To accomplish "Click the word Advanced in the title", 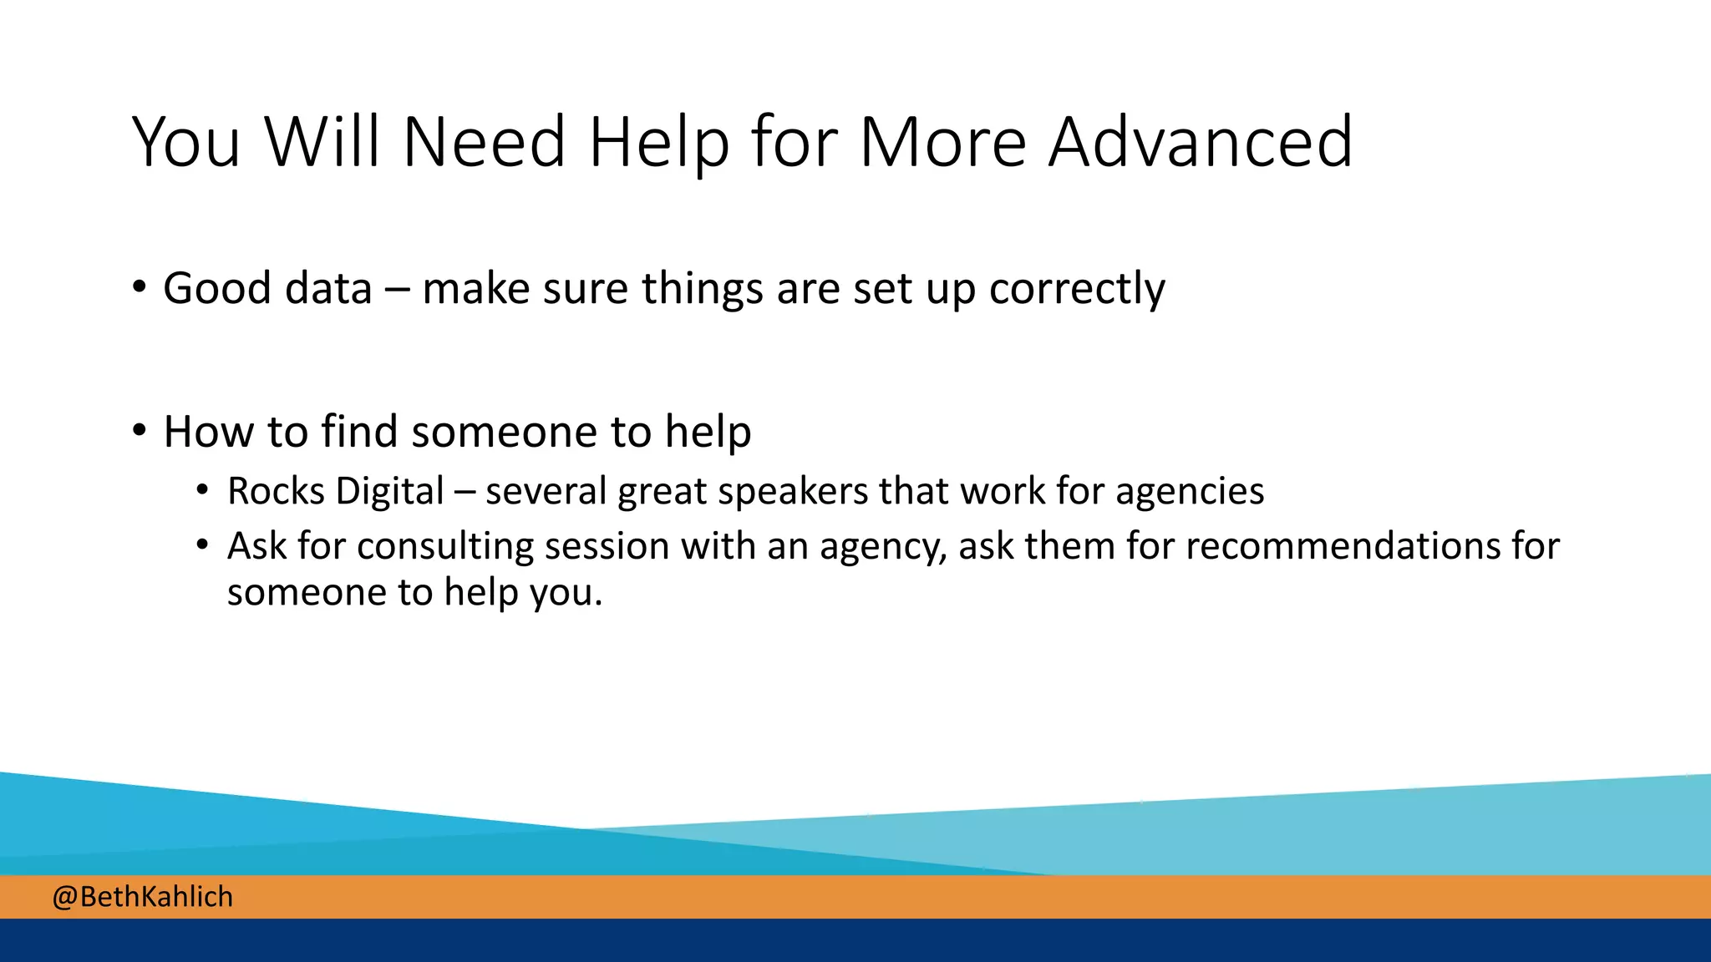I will pyautogui.click(x=1201, y=142).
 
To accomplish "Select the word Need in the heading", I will pyautogui.click(x=485, y=142).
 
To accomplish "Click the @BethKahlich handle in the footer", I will pyautogui.click(x=143, y=897).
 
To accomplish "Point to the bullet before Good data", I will pyautogui.click(x=140, y=287).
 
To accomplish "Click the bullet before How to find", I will pyautogui.click(x=140, y=431).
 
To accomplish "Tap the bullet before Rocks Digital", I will pyautogui.click(x=203, y=490).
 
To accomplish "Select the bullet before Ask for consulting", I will pyautogui.click(x=203, y=545).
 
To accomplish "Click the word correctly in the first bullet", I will pyautogui.click(x=1077, y=290).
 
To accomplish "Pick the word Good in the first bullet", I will pyautogui.click(x=217, y=288).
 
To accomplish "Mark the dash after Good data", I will pyautogui.click(x=397, y=290).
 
